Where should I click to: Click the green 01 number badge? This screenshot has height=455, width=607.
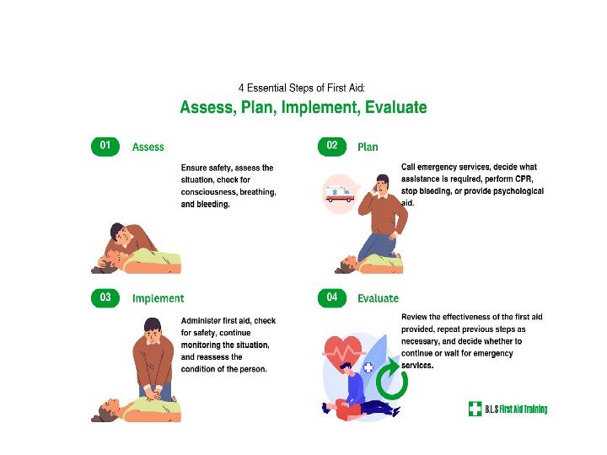pyautogui.click(x=105, y=147)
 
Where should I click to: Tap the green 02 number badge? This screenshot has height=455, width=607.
pyautogui.click(x=332, y=147)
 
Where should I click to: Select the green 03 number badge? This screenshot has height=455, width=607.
pyautogui.click(x=105, y=298)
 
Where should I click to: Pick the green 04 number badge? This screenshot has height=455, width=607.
pyautogui.click(x=332, y=298)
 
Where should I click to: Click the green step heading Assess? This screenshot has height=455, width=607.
pyautogui.click(x=148, y=147)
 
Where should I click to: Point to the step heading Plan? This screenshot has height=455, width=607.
pyautogui.click(x=368, y=147)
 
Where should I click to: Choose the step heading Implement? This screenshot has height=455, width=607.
pyautogui.click(x=158, y=298)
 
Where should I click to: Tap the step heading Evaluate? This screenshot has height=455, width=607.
pyautogui.click(x=378, y=298)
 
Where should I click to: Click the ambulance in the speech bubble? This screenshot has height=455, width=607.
pyautogui.click(x=340, y=194)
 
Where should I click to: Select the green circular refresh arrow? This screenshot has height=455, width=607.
pyautogui.click(x=392, y=379)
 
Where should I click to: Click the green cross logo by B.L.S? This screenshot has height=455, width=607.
pyautogui.click(x=475, y=409)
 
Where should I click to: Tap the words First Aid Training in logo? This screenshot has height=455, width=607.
pyautogui.click(x=524, y=409)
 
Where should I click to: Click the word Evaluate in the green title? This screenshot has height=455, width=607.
pyautogui.click(x=395, y=107)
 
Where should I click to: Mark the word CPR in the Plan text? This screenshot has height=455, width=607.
pyautogui.click(x=524, y=179)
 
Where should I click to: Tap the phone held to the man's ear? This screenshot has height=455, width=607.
pyautogui.click(x=375, y=188)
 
